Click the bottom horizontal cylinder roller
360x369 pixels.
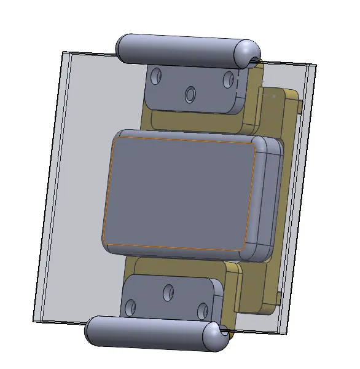[154, 332]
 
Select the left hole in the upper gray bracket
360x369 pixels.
[157, 77]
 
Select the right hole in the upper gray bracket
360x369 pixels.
[229, 79]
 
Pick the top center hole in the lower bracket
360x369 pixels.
[168, 293]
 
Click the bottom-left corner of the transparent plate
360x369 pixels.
[34, 320]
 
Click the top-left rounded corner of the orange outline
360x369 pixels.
[115, 141]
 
